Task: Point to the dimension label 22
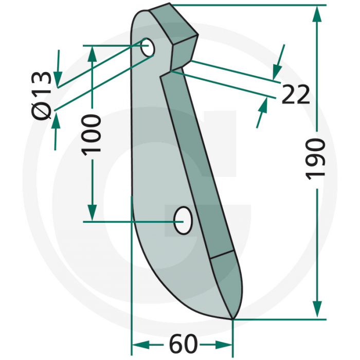coord(295,95)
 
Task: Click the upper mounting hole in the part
coord(149,47)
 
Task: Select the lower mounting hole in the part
coord(183,220)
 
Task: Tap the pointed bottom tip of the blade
coord(232,318)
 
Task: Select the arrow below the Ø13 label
coord(55,123)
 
